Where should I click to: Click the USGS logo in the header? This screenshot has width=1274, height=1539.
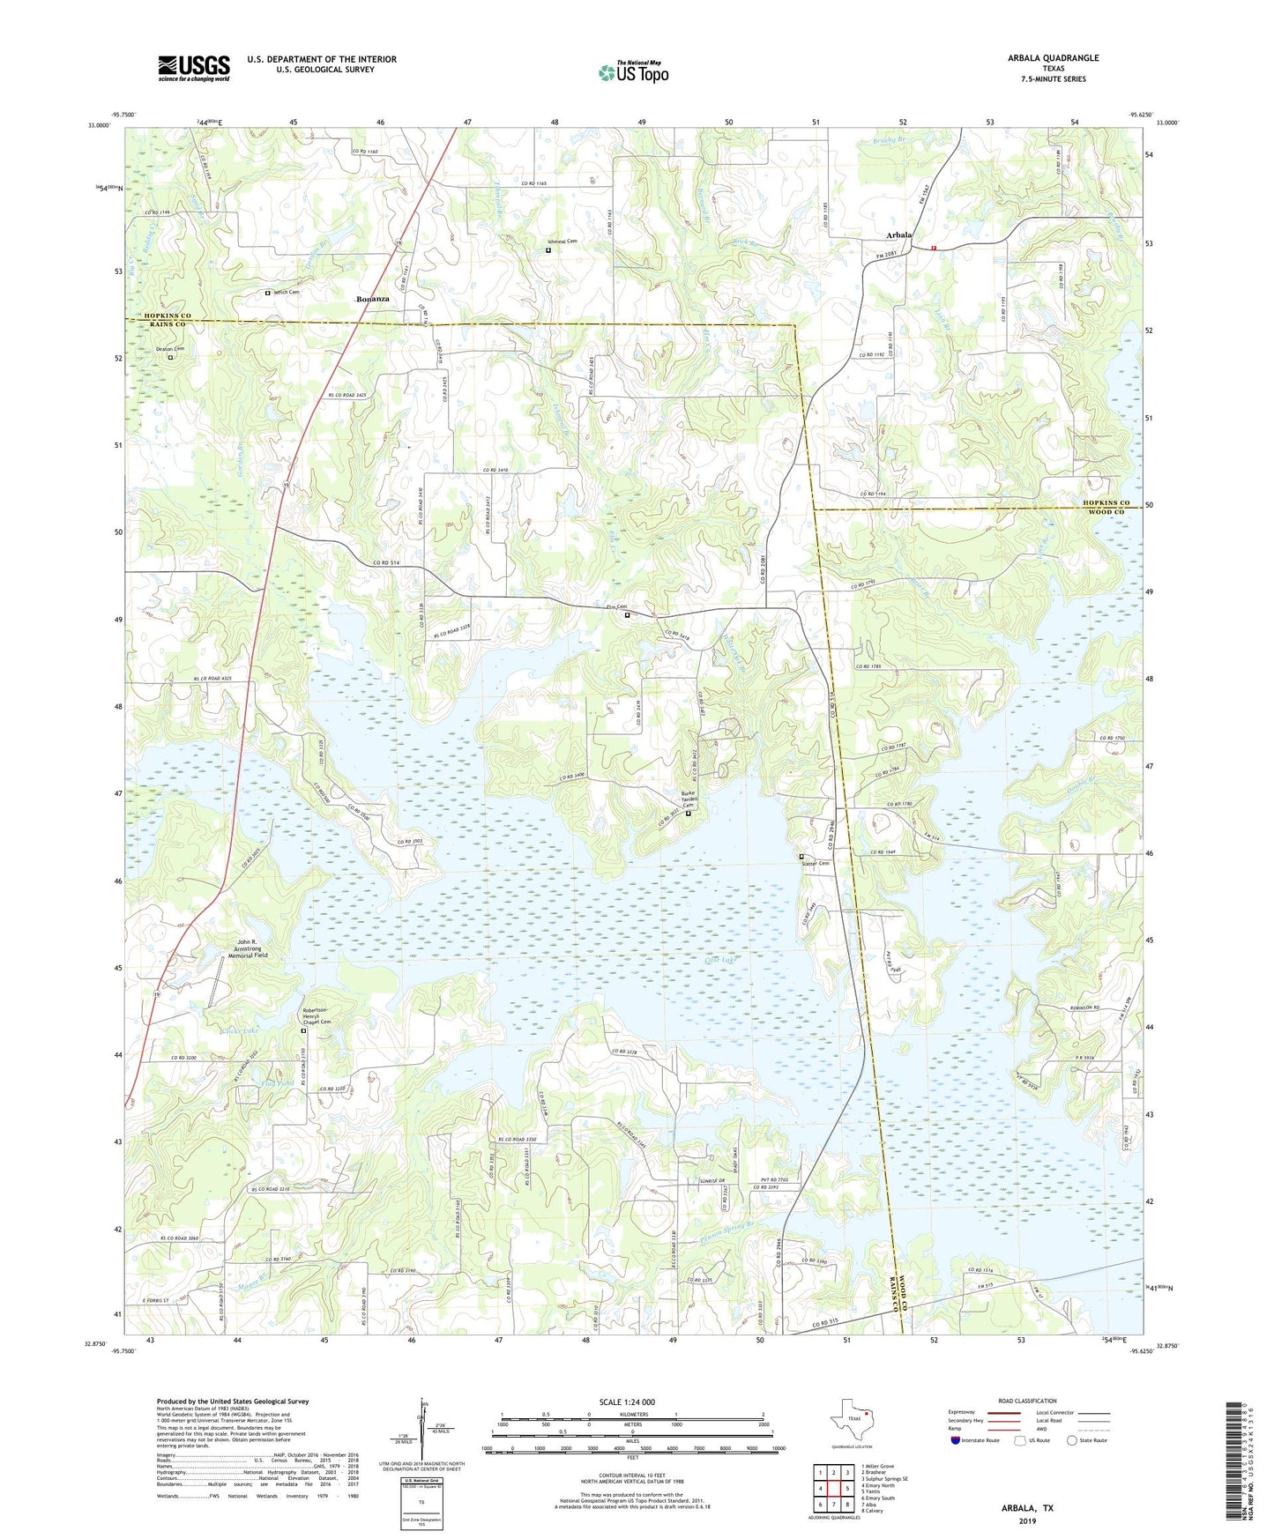[x=193, y=68]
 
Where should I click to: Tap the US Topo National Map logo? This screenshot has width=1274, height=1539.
[x=633, y=72]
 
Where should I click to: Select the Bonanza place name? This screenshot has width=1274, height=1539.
[x=372, y=300]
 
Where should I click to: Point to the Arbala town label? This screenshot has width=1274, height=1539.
[x=899, y=235]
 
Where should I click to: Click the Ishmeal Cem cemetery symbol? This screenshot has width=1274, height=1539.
[x=548, y=250]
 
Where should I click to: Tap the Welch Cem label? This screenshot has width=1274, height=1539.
[x=287, y=293]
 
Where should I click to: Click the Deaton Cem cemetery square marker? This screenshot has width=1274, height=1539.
[x=171, y=357]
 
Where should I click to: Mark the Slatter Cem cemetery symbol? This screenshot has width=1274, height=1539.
[x=801, y=856]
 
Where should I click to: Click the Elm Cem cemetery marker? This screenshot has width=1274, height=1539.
[x=627, y=615]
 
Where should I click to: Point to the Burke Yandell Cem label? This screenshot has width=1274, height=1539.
[x=689, y=799]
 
